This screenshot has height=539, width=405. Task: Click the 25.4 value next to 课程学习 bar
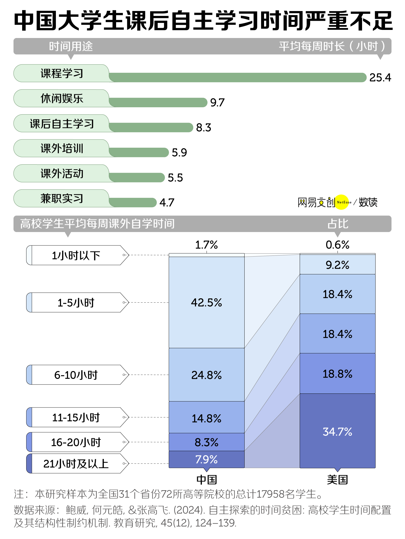click(380, 78)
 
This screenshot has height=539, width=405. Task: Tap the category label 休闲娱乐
click(62, 99)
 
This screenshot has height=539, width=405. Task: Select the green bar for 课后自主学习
click(151, 127)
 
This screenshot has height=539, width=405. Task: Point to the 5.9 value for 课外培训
click(179, 153)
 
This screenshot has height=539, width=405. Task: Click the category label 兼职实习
click(62, 199)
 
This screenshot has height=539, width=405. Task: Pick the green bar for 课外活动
click(137, 178)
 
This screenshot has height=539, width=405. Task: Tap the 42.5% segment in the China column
click(207, 302)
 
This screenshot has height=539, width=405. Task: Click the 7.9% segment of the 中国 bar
click(207, 459)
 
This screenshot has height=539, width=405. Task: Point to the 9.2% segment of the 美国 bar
click(337, 265)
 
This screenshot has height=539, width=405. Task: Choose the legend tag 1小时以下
click(76, 255)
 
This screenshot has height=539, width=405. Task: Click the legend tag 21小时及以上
click(76, 464)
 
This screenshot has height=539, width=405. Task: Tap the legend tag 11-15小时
click(76, 417)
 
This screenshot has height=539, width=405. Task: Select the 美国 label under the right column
click(337, 480)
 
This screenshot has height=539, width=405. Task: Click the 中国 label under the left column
click(207, 480)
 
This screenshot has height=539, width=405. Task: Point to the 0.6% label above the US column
click(337, 245)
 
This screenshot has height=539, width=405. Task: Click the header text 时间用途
click(71, 46)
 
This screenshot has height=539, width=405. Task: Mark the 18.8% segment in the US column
click(337, 374)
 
